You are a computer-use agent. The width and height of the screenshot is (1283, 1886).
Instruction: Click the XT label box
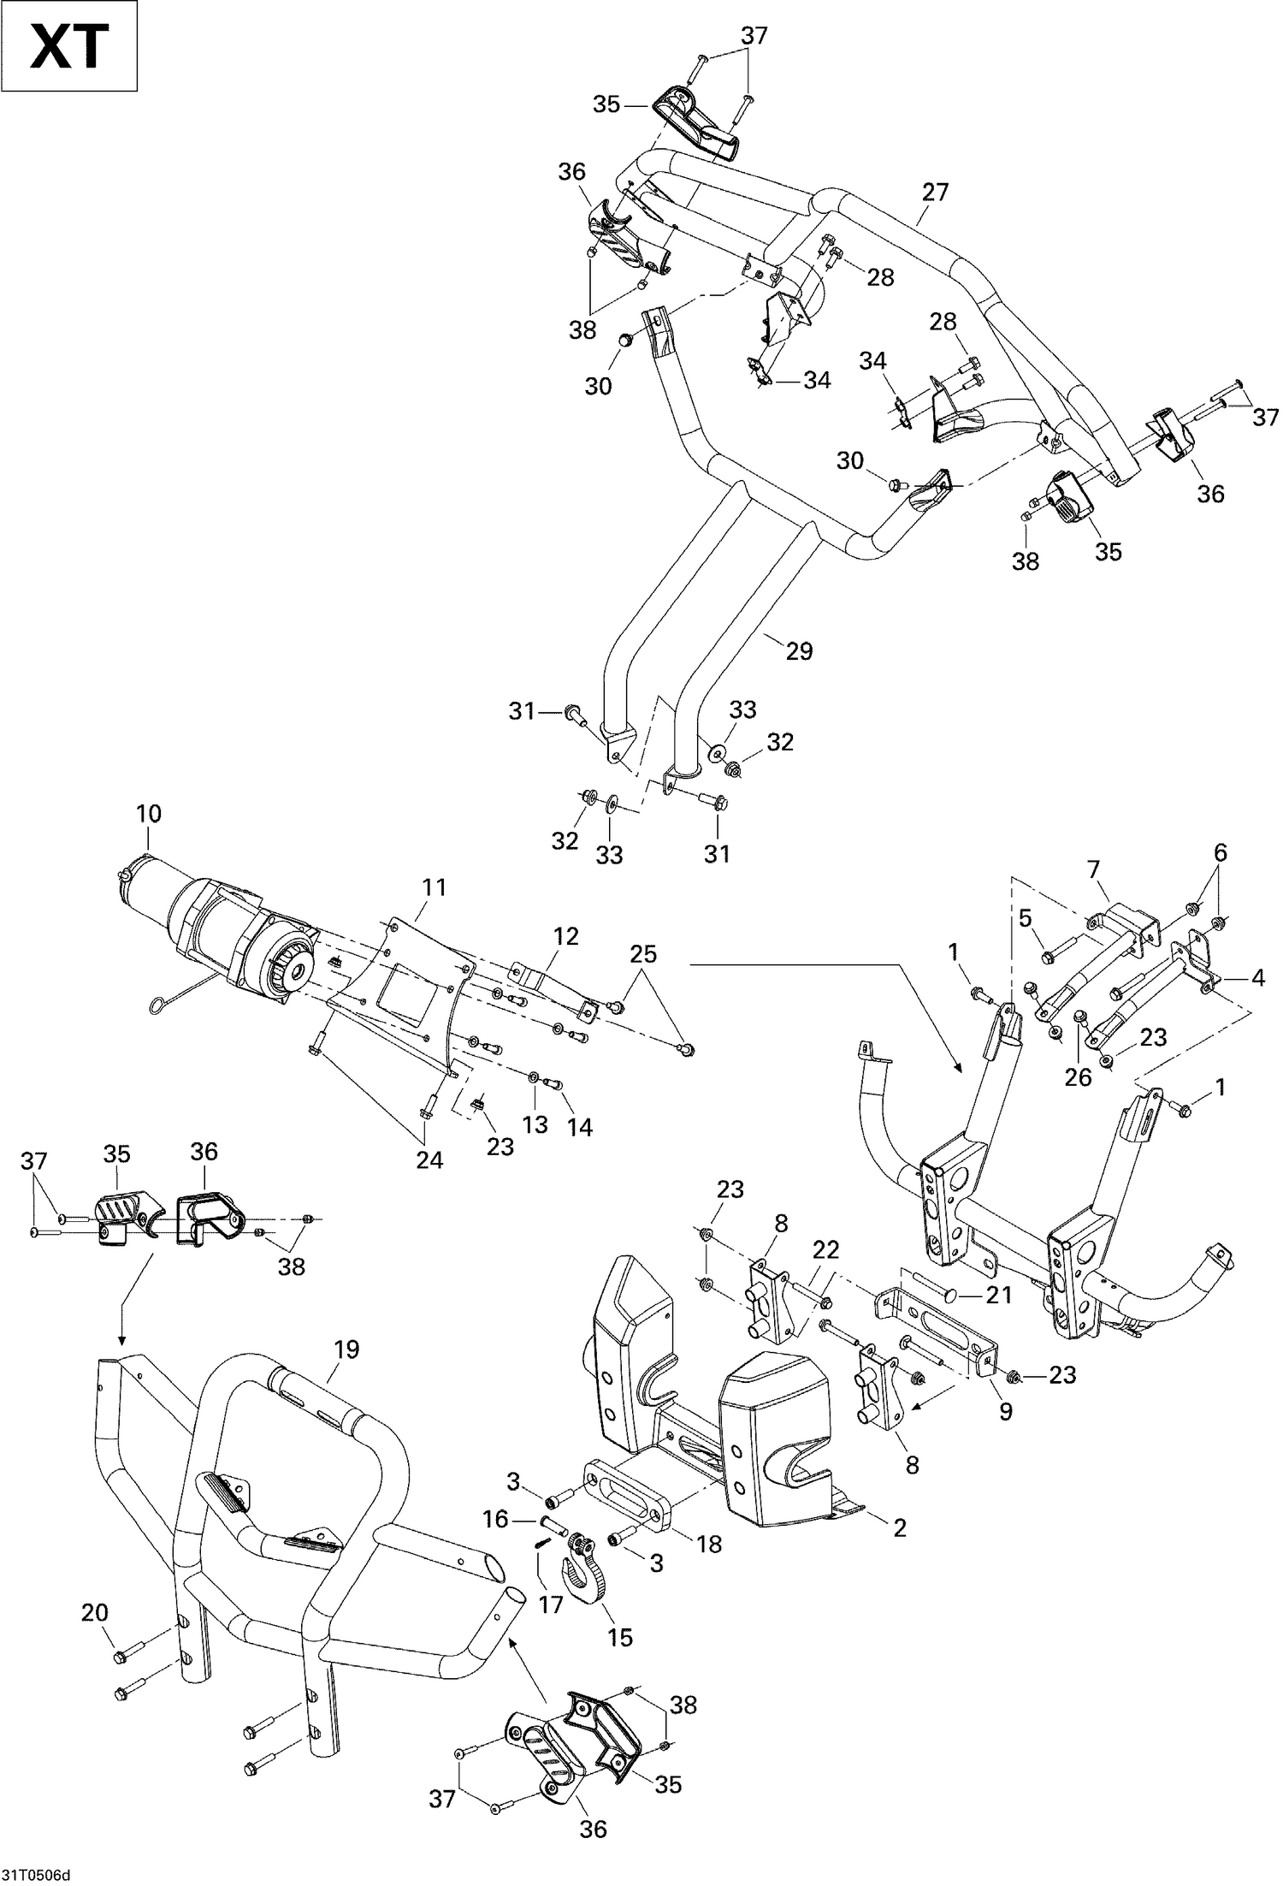pyautogui.click(x=69, y=46)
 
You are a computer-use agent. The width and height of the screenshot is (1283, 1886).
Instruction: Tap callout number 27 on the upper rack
pyautogui.click(x=935, y=192)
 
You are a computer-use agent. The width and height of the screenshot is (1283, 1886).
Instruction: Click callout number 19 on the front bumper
pyautogui.click(x=346, y=1349)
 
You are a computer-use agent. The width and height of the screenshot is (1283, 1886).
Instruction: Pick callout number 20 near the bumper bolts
pyautogui.click(x=95, y=1613)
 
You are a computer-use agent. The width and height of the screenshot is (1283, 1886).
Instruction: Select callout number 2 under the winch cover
pyautogui.click(x=899, y=1527)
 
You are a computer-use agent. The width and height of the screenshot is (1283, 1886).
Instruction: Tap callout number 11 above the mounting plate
pyautogui.click(x=435, y=887)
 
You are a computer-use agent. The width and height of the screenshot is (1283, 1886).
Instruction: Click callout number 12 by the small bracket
pyautogui.click(x=566, y=936)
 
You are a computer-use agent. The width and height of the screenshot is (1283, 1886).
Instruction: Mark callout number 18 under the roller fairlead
pyautogui.click(x=710, y=1544)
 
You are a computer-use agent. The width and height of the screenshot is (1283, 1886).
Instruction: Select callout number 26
pyautogui.click(x=1079, y=1076)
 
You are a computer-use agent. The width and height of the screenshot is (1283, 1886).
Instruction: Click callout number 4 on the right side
pyautogui.click(x=1257, y=976)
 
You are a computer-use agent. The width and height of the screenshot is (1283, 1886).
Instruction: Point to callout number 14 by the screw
pyautogui.click(x=580, y=1127)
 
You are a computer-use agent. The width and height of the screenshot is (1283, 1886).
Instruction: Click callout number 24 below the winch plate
pyautogui.click(x=429, y=1159)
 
